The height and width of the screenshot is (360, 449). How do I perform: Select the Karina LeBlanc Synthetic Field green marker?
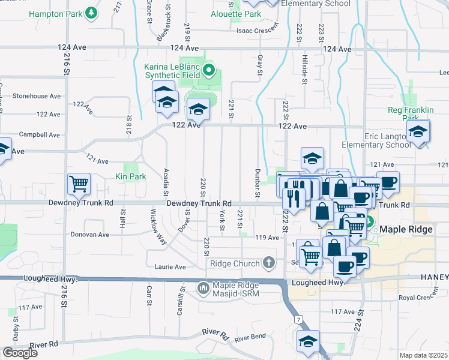[209, 71]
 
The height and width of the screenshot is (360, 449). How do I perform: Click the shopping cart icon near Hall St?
[79, 184]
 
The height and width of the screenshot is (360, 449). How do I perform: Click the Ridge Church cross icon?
[268, 263]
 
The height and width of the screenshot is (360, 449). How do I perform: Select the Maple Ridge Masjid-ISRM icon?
[203, 289]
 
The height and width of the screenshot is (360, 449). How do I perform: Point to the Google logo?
[20, 353]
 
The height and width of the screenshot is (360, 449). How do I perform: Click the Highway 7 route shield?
[298, 320]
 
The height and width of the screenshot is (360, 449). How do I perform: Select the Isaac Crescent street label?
[258, 29]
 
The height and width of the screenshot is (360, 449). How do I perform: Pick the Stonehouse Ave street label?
[37, 95]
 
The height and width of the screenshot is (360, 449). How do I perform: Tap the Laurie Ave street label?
[170, 267]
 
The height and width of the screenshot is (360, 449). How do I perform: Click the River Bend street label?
[250, 339]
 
